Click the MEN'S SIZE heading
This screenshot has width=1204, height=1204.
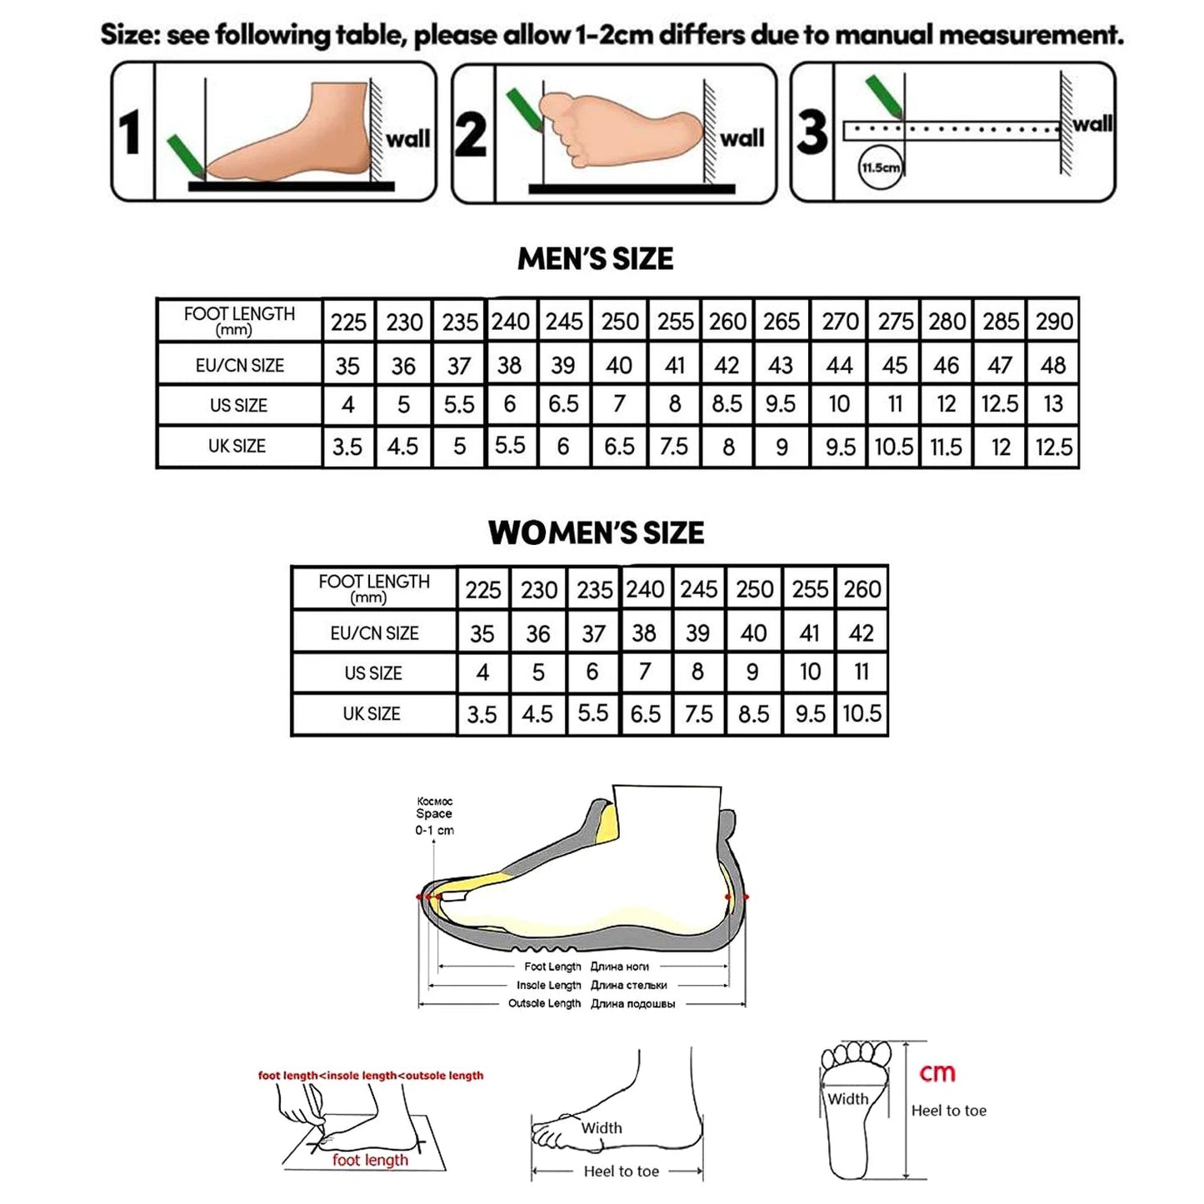point(595,258)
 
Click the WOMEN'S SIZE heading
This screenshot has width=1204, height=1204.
point(596,532)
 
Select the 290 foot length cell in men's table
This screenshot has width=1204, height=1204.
point(1054,321)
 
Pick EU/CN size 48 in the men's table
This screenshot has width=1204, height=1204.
point(1053,365)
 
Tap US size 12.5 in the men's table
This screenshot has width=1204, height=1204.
point(1000,404)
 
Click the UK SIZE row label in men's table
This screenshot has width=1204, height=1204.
point(237,447)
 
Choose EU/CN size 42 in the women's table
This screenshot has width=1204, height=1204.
point(862,633)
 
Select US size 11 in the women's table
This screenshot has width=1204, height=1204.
point(862,672)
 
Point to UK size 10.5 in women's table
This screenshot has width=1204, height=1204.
point(862,714)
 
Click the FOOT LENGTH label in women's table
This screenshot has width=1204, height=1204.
point(374,587)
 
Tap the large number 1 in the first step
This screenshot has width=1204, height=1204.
point(130,133)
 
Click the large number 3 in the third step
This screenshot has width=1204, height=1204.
point(812,132)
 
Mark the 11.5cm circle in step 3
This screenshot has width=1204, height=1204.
point(880,168)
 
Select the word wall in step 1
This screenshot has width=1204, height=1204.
point(407,138)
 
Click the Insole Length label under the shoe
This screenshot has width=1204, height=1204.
point(548,985)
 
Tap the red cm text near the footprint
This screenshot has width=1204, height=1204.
point(937,1073)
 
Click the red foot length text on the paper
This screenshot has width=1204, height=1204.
point(370,1160)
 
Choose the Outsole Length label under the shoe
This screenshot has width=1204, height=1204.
point(544,1003)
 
